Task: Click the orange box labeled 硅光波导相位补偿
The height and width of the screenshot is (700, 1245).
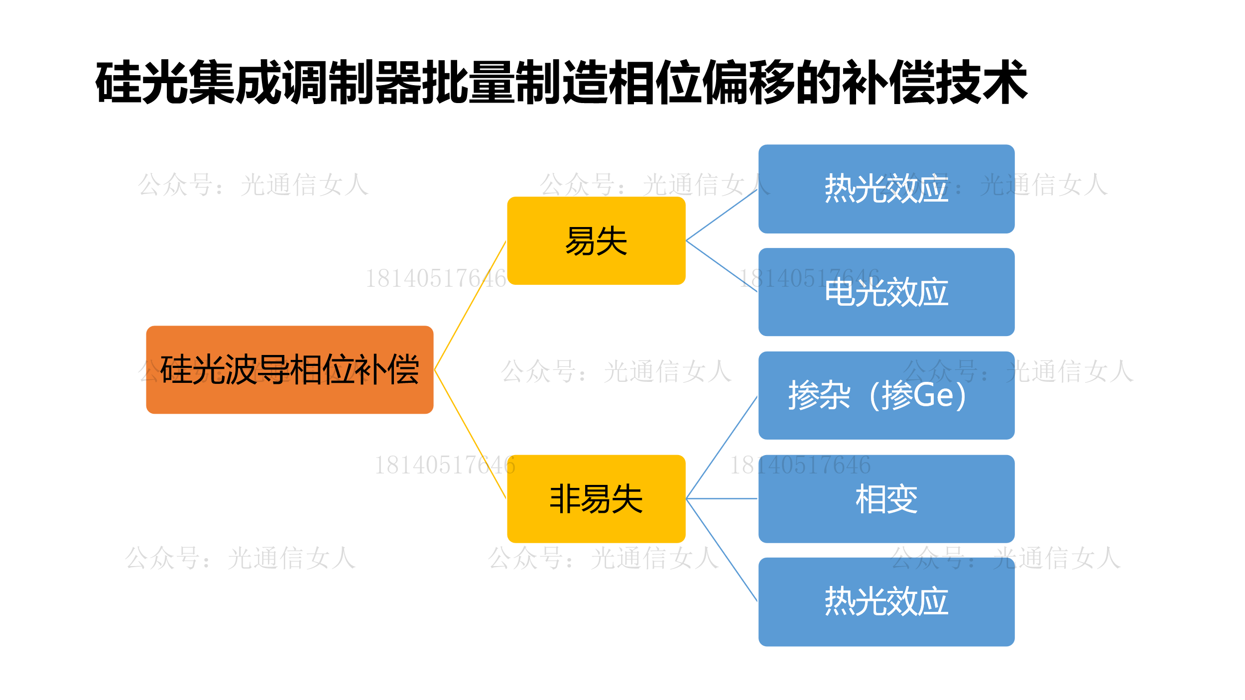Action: [x=289, y=369]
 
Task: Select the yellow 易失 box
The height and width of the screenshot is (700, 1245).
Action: [x=596, y=240]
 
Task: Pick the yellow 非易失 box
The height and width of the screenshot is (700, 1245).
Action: [x=596, y=498]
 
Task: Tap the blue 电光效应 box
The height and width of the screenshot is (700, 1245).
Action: [x=886, y=292]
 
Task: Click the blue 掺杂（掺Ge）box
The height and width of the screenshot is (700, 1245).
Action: [x=886, y=395]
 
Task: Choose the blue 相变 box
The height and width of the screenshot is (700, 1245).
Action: [x=886, y=498]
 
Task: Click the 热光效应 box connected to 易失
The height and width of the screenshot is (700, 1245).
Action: [x=886, y=189]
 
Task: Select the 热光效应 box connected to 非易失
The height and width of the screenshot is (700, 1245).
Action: [x=886, y=601]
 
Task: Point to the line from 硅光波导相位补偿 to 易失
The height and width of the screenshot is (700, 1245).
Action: [x=470, y=305]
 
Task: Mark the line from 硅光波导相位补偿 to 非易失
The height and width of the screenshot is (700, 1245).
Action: [x=470, y=434]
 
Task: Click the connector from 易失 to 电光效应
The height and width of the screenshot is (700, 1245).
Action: [x=722, y=266]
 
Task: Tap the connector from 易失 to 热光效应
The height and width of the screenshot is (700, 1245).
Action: [x=722, y=215]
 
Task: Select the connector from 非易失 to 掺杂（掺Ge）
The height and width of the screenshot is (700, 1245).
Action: [x=722, y=447]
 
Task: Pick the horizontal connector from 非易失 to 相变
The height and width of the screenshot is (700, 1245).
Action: [x=722, y=498]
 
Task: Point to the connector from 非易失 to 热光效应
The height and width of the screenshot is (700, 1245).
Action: [x=722, y=550]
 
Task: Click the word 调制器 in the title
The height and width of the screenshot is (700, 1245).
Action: [x=352, y=82]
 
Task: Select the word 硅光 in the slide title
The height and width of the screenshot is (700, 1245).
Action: [x=142, y=82]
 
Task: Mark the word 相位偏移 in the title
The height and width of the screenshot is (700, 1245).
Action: [x=725, y=82]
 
